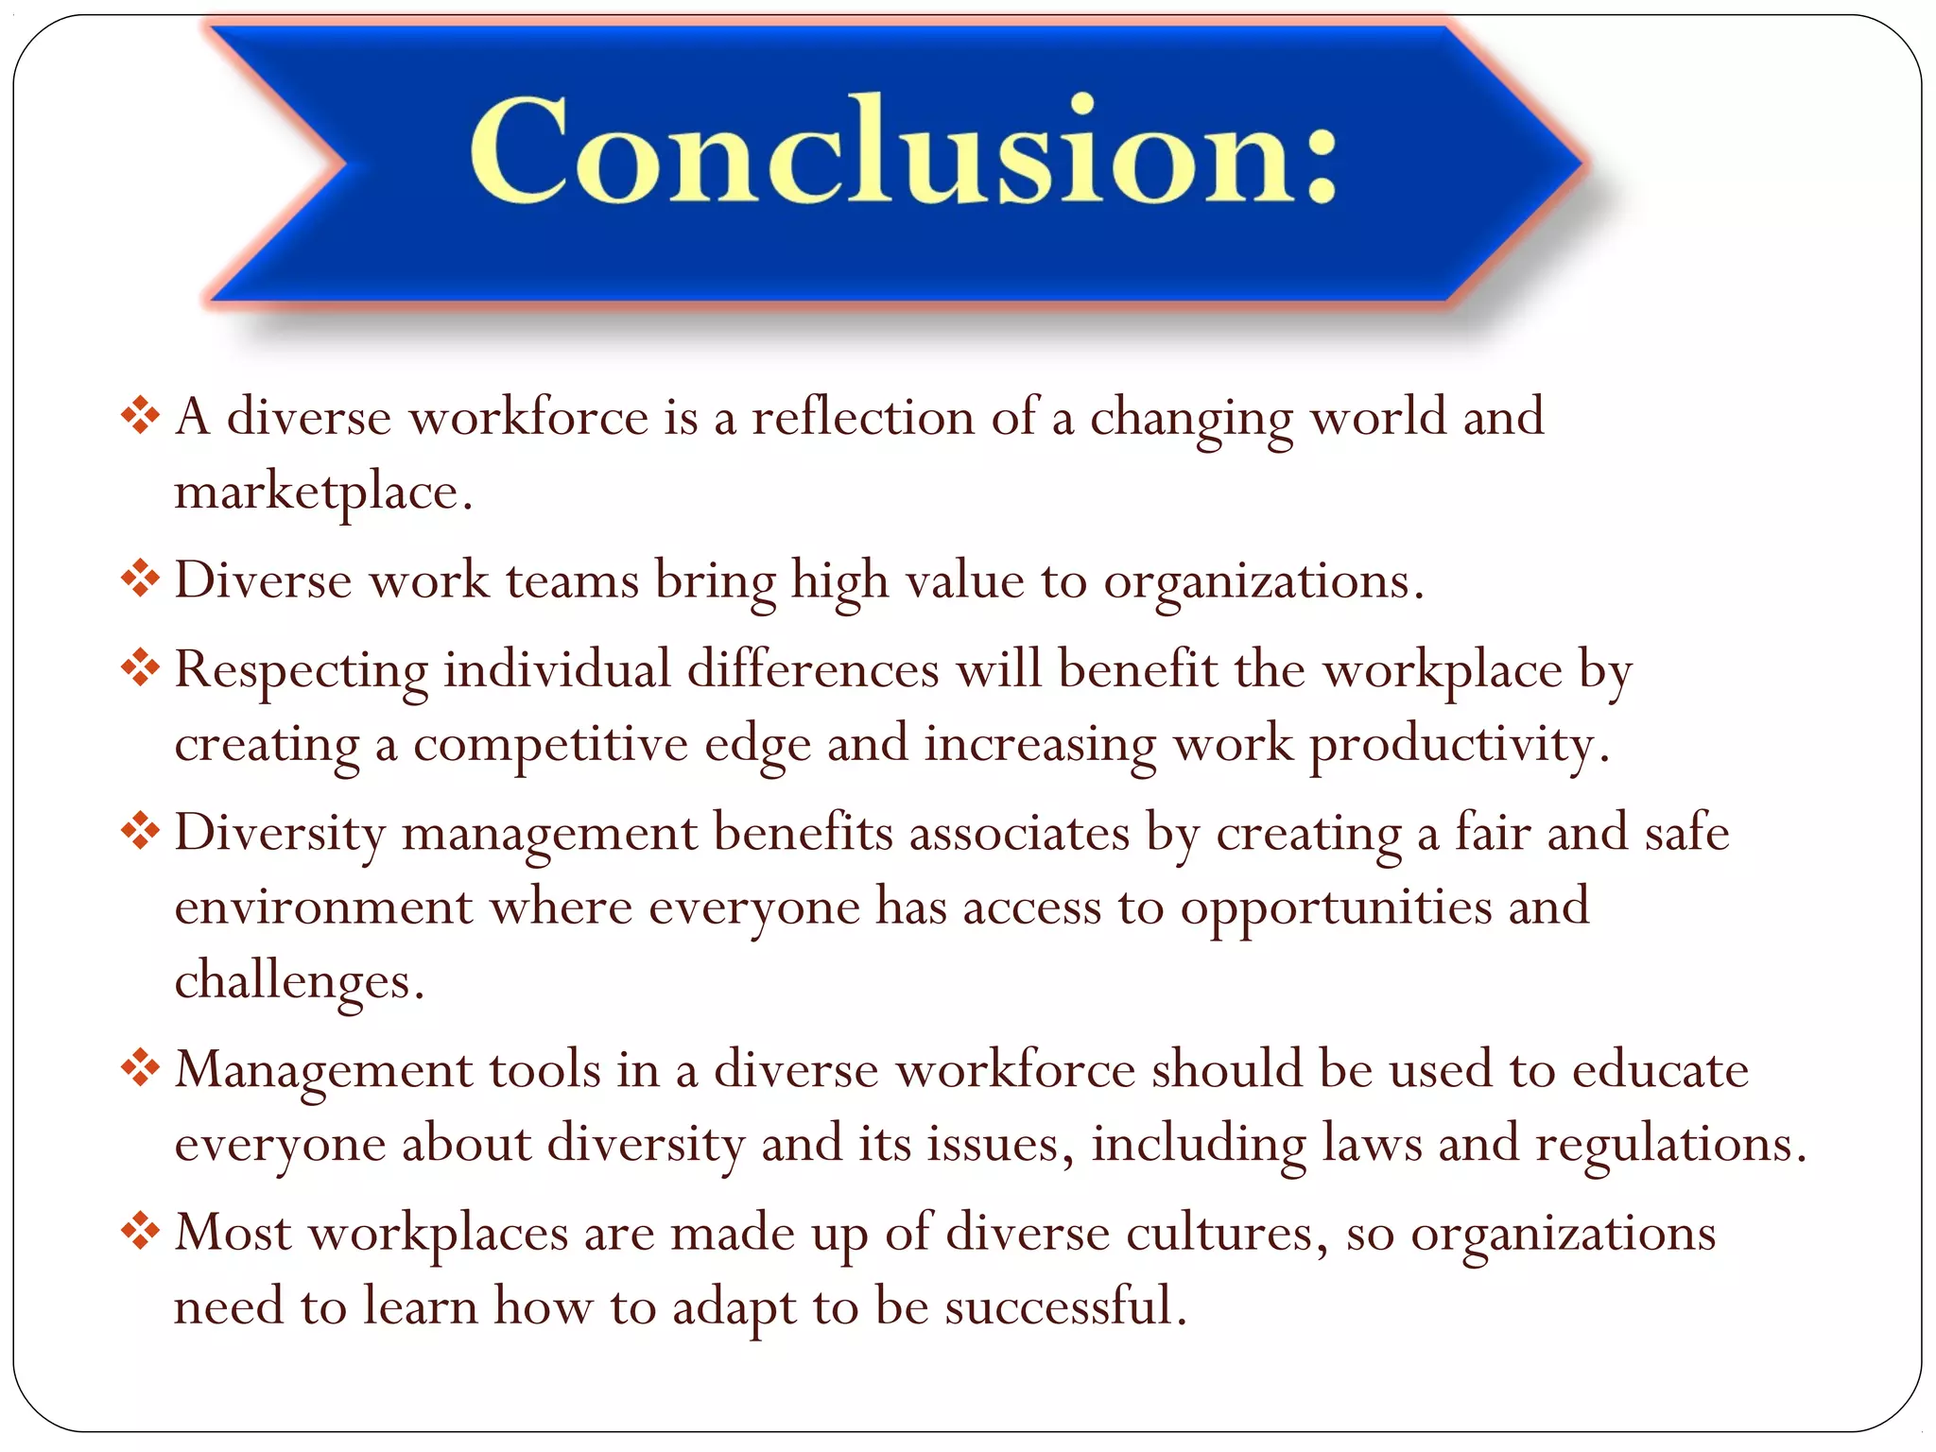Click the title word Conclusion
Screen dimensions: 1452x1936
(x=879, y=151)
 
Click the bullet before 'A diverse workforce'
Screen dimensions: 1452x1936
(x=140, y=416)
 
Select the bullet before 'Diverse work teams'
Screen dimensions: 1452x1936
(x=140, y=579)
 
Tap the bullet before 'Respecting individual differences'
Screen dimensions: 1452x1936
(x=140, y=668)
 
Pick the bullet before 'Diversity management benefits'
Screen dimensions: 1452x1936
(x=140, y=832)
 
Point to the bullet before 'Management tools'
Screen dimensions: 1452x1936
(x=140, y=1069)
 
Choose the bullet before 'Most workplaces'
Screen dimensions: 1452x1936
(x=140, y=1232)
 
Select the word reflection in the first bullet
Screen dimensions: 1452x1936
(x=862, y=417)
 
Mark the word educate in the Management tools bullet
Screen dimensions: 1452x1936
(x=1660, y=1070)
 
